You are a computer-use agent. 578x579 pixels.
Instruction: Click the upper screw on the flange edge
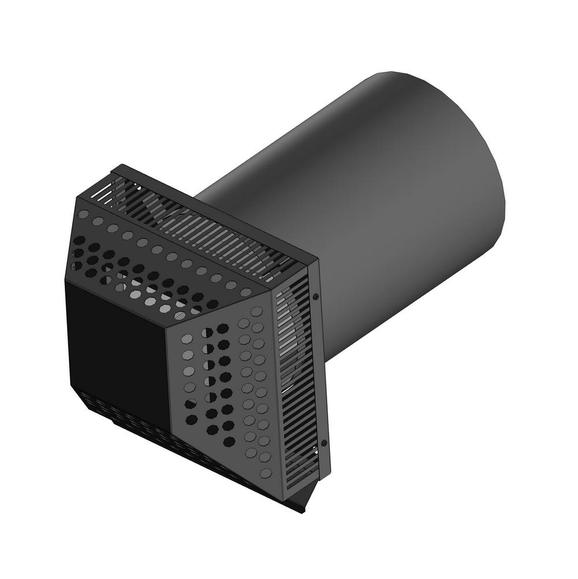tap(316, 296)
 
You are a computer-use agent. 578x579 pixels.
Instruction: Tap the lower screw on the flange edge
tap(324, 443)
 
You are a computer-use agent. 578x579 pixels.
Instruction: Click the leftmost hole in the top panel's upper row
tap(83, 214)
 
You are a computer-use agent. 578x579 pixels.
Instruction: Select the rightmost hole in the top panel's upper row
tap(246, 292)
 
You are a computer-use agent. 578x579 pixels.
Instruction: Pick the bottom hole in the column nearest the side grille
tap(266, 473)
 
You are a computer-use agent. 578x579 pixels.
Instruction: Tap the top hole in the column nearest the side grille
tap(257, 311)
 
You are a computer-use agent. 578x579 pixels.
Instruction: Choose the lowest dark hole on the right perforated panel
tap(229, 441)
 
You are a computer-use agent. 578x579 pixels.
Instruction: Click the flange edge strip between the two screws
tap(320, 370)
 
